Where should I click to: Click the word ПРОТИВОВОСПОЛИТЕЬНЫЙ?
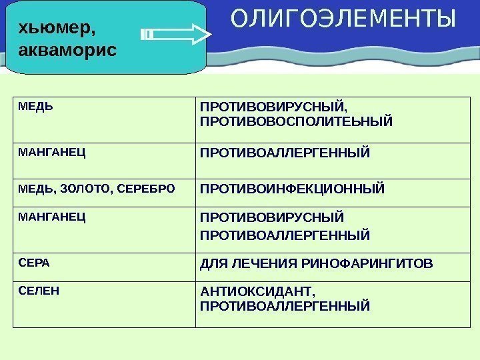pyautogui.click(x=296, y=122)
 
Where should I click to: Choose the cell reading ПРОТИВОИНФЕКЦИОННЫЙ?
pyautogui.click(x=293, y=189)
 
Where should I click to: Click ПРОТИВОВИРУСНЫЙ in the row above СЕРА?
pyautogui.click(x=273, y=218)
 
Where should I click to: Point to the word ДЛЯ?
pyautogui.click(x=213, y=265)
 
